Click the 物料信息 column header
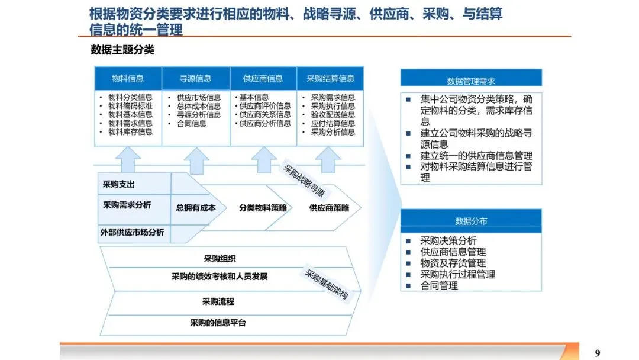pyautogui.click(x=128, y=78)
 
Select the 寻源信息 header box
pyautogui.click(x=195, y=78)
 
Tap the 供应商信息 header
pyautogui.click(x=263, y=78)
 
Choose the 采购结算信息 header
pyautogui.click(x=330, y=78)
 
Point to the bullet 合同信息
pyautogui.click(x=191, y=124)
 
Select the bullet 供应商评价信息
pyautogui.click(x=265, y=106)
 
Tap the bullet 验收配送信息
pyautogui.click(x=333, y=115)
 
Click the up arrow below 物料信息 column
pyautogui.click(x=128, y=159)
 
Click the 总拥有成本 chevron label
pyautogui.click(x=196, y=208)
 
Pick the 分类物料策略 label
pyautogui.click(x=263, y=208)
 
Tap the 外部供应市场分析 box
pyautogui.click(x=132, y=233)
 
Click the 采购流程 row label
pyautogui.click(x=218, y=301)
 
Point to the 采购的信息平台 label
pyautogui.click(x=218, y=323)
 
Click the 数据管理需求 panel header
pyautogui.click(x=471, y=81)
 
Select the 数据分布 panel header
pyautogui.click(x=471, y=221)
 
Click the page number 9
pyautogui.click(x=597, y=353)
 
